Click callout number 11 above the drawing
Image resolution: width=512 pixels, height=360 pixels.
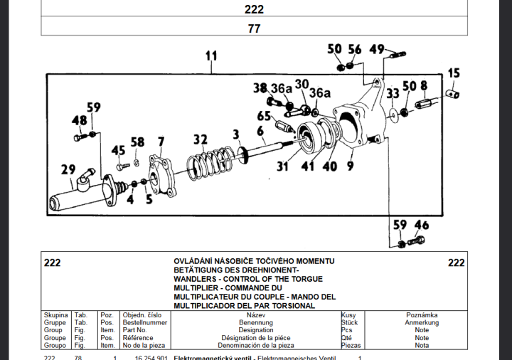tap(210, 55)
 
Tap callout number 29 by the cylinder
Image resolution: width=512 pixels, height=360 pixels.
tap(68, 169)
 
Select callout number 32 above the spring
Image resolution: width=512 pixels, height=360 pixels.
tap(201, 139)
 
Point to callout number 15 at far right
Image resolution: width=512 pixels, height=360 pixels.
tap(454, 73)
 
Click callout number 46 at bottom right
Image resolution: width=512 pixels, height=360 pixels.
tap(422, 226)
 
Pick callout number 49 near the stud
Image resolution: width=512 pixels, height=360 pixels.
tap(377, 49)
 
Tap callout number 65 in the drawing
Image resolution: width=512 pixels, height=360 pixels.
tap(264, 116)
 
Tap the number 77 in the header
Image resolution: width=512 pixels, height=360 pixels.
tap(254, 28)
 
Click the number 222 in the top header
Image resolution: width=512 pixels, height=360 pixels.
tap(254, 9)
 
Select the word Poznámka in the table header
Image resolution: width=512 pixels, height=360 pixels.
tap(422, 314)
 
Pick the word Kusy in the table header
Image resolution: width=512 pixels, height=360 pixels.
tap(348, 314)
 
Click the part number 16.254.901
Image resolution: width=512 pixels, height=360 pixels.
tap(151, 357)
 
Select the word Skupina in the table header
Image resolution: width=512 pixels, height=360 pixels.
tap(56, 314)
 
